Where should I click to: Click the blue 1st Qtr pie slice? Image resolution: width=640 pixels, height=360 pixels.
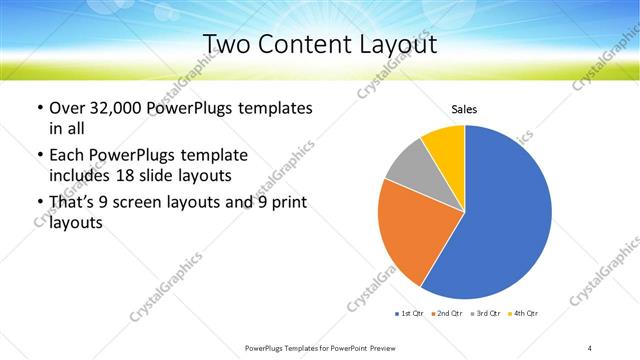[505, 215]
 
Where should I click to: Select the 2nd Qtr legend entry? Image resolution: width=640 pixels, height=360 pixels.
[448, 314]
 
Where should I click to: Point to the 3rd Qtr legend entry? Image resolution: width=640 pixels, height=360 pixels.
[486, 314]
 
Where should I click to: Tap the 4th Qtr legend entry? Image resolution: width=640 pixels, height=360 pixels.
[524, 314]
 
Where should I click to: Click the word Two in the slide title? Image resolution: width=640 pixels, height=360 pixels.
[227, 45]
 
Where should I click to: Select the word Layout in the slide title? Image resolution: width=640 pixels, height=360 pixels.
[393, 45]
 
